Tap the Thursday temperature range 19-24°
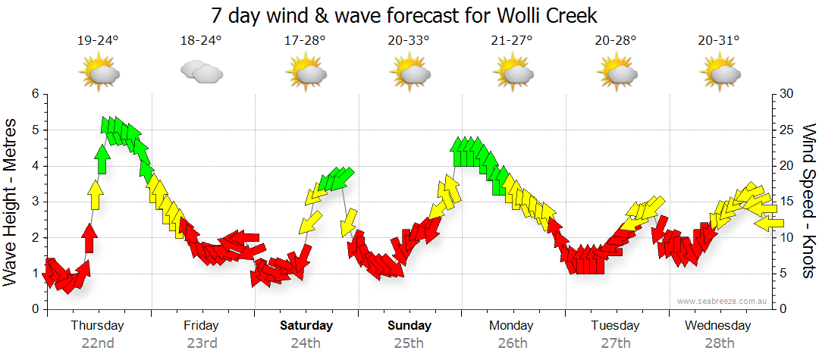pyautogui.click(x=98, y=41)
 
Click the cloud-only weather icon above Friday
pyautogui.click(x=201, y=72)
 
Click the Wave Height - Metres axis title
pyautogui.click(x=11, y=202)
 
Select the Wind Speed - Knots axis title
pyautogui.click(x=808, y=202)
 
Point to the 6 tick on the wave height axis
pyautogui.click(x=34, y=94)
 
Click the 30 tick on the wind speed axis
pyautogui.click(x=786, y=94)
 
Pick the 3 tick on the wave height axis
pyautogui.click(x=34, y=202)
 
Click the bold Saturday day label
pyautogui.click(x=306, y=326)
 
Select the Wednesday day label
pyautogui.click(x=717, y=326)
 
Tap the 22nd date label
pyautogui.click(x=98, y=343)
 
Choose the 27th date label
pyautogui.click(x=616, y=343)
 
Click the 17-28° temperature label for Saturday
pyautogui.click(x=306, y=41)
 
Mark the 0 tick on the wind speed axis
pyautogui.click(x=783, y=309)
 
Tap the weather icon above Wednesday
pyautogui.click(x=720, y=73)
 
